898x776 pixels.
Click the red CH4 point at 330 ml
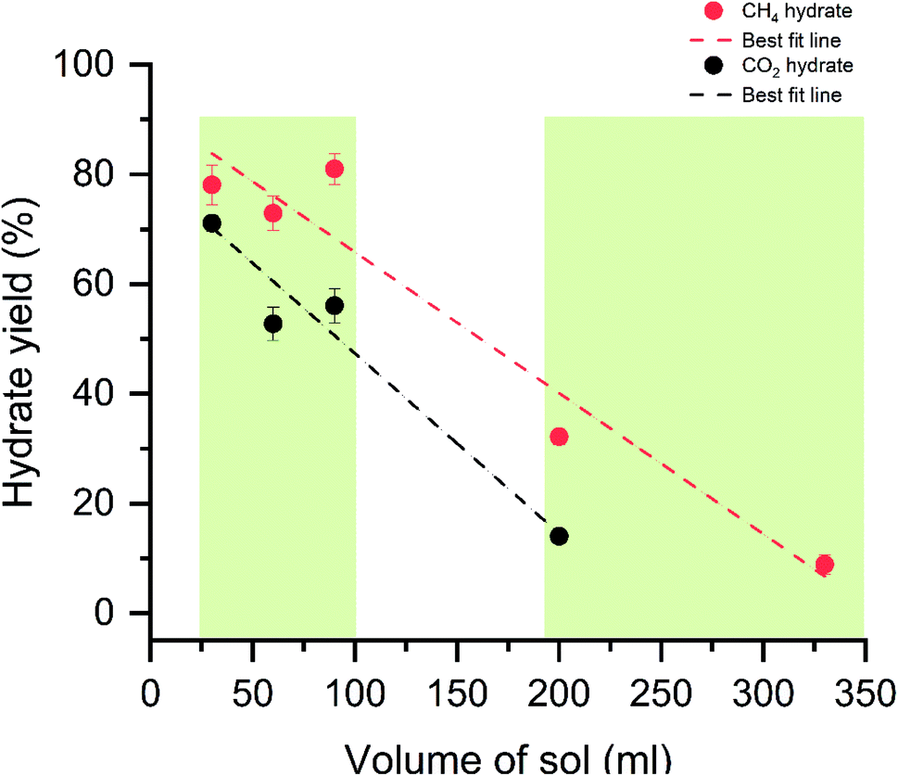pyautogui.click(x=824, y=565)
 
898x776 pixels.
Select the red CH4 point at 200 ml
pyautogui.click(x=559, y=437)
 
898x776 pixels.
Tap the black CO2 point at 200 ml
pyautogui.click(x=559, y=536)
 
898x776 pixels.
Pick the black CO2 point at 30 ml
pyautogui.click(x=212, y=223)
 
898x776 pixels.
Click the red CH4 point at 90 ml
pyautogui.click(x=335, y=169)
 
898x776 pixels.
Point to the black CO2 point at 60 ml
pyautogui.click(x=273, y=324)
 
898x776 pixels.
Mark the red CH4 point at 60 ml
pyautogui.click(x=273, y=213)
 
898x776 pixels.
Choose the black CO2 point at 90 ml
pyautogui.click(x=335, y=306)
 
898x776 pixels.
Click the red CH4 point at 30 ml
pyautogui.click(x=212, y=184)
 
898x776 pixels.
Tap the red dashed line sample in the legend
pyautogui.click(x=713, y=41)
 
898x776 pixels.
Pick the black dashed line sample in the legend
pyautogui.click(x=713, y=95)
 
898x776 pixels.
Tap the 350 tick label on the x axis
pyautogui.click(x=865, y=693)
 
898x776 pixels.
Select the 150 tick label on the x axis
pyautogui.click(x=457, y=693)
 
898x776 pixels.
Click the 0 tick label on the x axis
pyautogui.click(x=151, y=693)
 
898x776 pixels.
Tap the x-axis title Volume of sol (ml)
pyautogui.click(x=507, y=756)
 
